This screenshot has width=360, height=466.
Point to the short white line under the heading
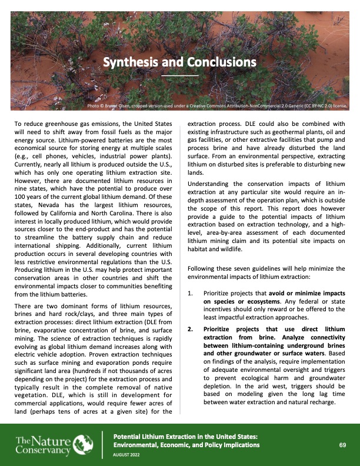[x=180, y=75]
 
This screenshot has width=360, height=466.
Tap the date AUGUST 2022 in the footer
[x=127, y=455]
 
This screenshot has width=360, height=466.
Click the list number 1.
[x=189, y=293]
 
